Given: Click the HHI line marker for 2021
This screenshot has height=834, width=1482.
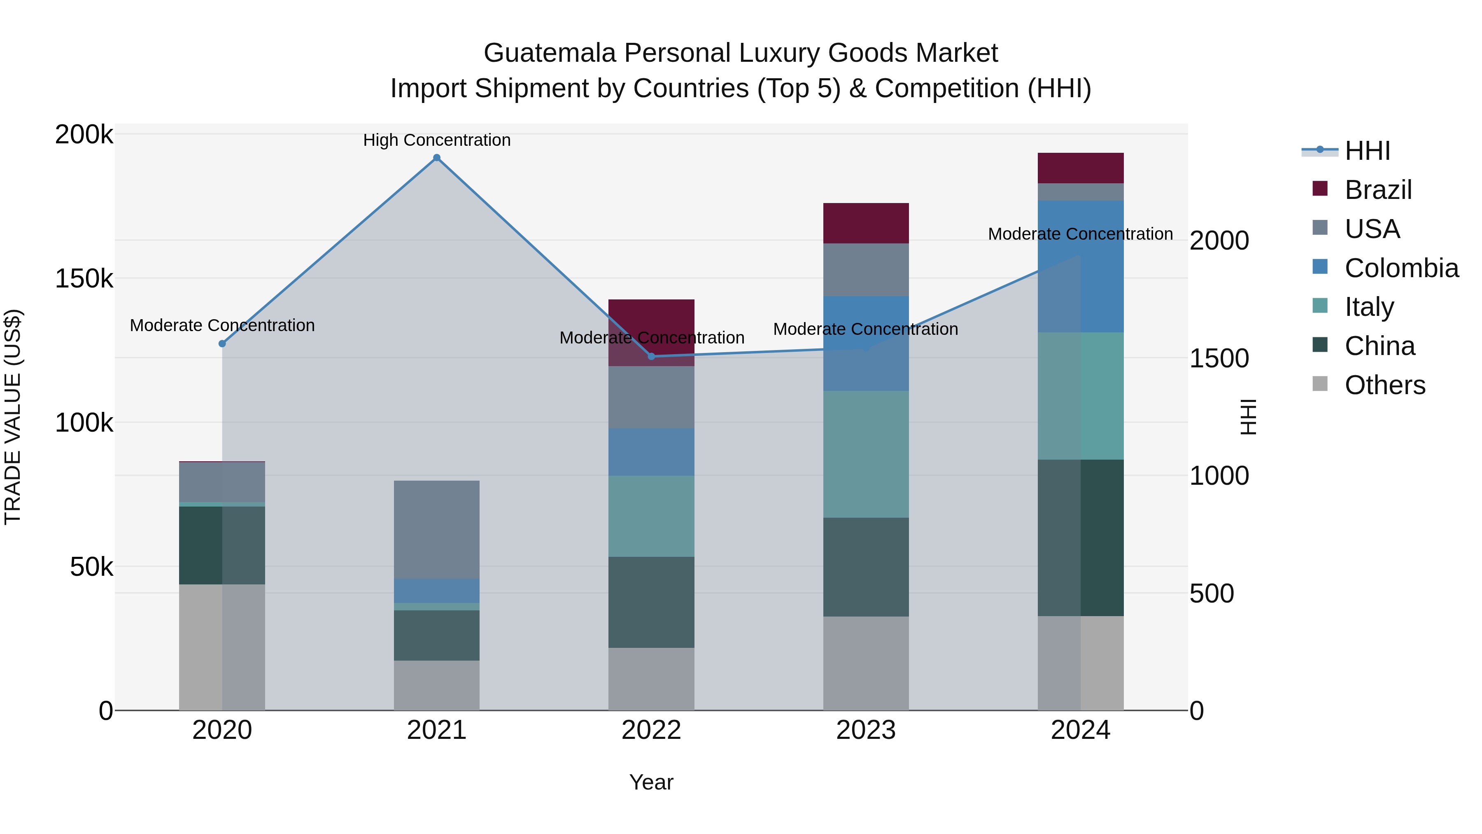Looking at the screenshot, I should pyautogui.click(x=437, y=158).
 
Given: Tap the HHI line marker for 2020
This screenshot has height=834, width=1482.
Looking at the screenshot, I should pyautogui.click(x=222, y=343).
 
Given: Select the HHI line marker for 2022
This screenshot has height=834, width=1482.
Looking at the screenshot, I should pyautogui.click(x=651, y=356).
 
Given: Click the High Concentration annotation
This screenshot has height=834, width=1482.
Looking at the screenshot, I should pyautogui.click(x=437, y=140).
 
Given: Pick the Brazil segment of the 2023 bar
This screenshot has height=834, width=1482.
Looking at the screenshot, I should pyautogui.click(x=866, y=223).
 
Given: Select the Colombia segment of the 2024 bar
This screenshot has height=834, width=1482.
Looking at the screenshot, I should pyautogui.click(x=1081, y=266).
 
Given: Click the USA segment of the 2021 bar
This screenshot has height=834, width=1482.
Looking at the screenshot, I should pyautogui.click(x=437, y=530).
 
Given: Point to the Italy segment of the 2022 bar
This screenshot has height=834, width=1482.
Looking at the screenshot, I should pyautogui.click(x=651, y=516).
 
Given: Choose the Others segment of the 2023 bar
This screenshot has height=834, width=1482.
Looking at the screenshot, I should pyautogui.click(x=866, y=663).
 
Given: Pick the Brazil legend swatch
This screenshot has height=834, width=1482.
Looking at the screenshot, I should pyautogui.click(x=1320, y=189).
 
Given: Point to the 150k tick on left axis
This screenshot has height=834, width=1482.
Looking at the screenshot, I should pyautogui.click(x=84, y=279).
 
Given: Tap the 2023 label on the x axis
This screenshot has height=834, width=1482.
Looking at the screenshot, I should pyautogui.click(x=866, y=730).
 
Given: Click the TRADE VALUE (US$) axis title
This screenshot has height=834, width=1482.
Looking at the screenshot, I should pyautogui.click(x=13, y=417).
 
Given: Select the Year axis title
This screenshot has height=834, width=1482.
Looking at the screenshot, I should pyautogui.click(x=651, y=782).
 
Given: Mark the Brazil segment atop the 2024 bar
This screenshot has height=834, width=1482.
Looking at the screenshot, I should pyautogui.click(x=1081, y=168).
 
